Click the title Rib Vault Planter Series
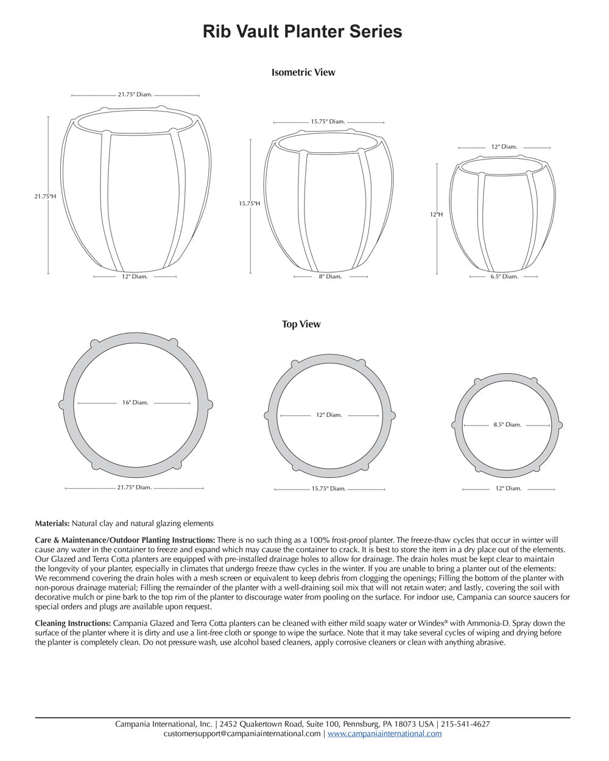click(303, 32)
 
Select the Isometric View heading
click(303, 72)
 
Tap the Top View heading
click(301, 324)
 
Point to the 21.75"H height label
click(45, 197)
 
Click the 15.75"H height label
click(250, 204)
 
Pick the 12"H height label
click(436, 214)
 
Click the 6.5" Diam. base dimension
click(504, 276)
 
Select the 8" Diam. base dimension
click(331, 276)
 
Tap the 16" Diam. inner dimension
click(135, 402)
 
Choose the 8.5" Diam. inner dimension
click(507, 424)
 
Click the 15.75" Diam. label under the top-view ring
click(329, 489)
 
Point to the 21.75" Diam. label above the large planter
click(135, 95)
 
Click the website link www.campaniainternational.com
click(384, 734)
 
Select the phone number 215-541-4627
click(465, 724)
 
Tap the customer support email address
click(242, 734)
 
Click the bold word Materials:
click(52, 524)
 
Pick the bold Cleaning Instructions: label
click(73, 623)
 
